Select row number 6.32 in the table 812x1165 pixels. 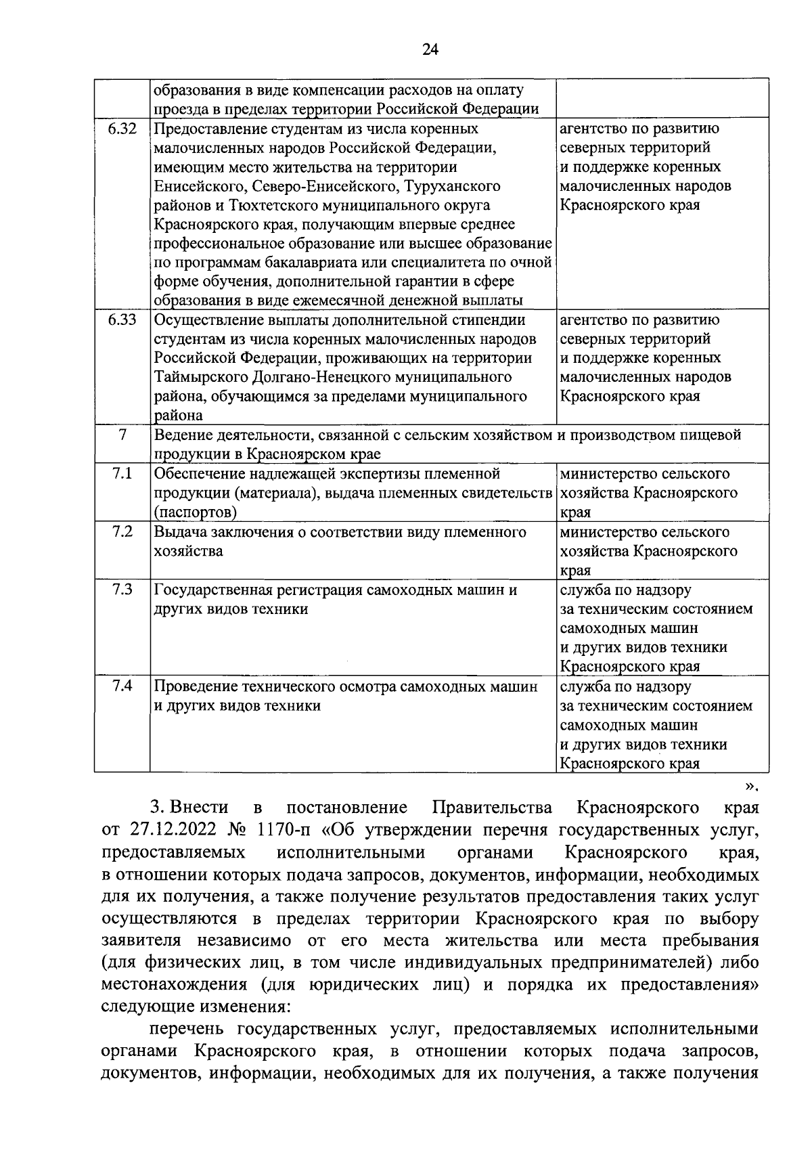click(122, 129)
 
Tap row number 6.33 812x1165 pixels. click(122, 320)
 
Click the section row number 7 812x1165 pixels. click(122, 435)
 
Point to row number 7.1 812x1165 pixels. click(122, 474)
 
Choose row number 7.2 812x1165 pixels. click(122, 531)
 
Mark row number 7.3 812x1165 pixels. click(122, 590)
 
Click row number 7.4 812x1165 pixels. click(122, 686)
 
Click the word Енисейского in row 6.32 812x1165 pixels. click(193, 186)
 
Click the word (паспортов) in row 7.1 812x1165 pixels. click(195, 512)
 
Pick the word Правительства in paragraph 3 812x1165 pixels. click(491, 808)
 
